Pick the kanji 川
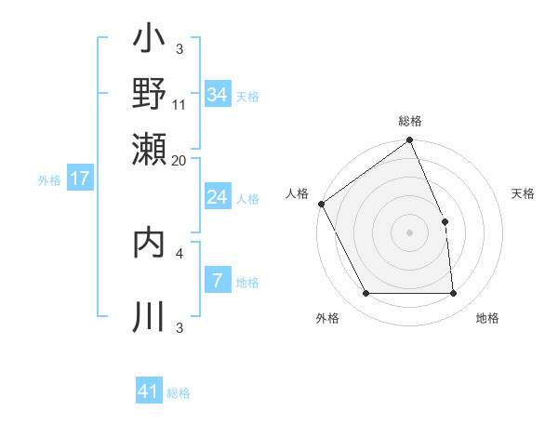click(149, 315)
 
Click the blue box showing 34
click(217, 95)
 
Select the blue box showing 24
click(217, 197)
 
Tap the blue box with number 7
click(217, 281)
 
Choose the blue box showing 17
click(80, 179)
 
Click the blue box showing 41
click(149, 391)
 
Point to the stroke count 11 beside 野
click(179, 104)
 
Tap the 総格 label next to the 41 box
click(179, 393)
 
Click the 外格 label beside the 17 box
click(48, 180)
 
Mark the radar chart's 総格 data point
click(409, 141)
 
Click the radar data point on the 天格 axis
click(445, 221)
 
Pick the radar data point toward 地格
click(453, 294)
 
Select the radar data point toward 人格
click(321, 204)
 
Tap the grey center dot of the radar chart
click(409, 232)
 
